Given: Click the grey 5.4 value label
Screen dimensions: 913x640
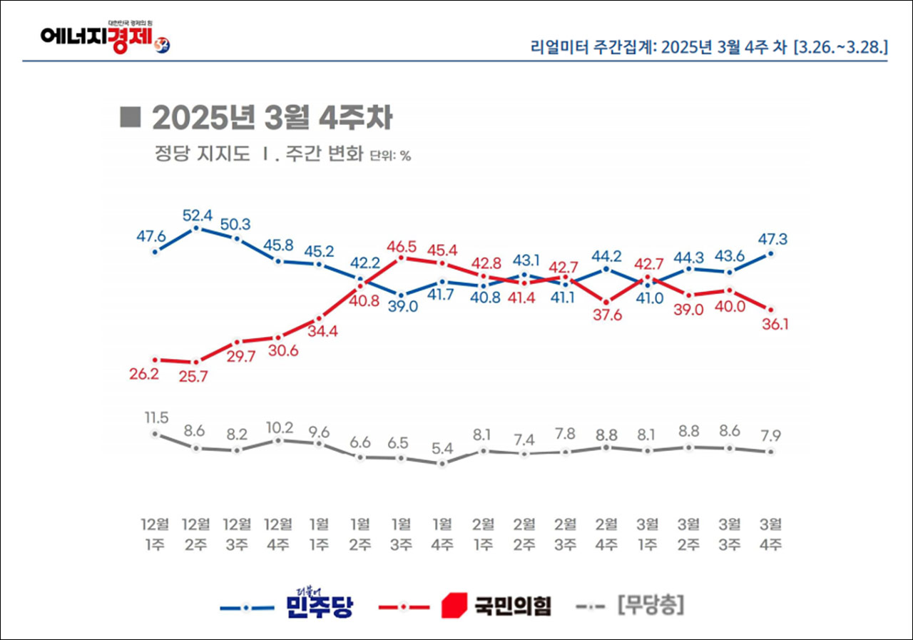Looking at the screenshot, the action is (442, 447).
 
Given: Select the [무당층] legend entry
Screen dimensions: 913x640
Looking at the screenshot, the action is (651, 606).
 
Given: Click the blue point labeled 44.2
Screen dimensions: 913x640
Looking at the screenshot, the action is (606, 269).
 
